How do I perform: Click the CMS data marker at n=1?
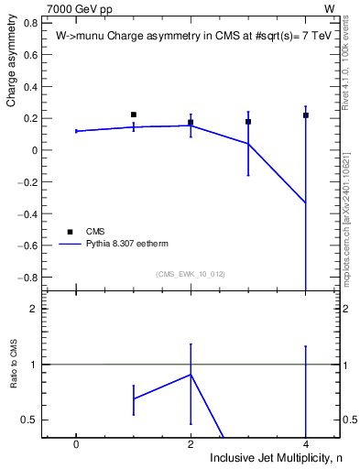pyautogui.click(x=134, y=115)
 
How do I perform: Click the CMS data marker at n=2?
pyautogui.click(x=191, y=122)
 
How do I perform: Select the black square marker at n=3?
pyautogui.click(x=248, y=121)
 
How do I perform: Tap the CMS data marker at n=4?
pyautogui.click(x=305, y=115)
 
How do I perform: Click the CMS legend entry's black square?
pyautogui.click(x=70, y=232)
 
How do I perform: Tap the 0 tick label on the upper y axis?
pyautogui.click(x=33, y=150)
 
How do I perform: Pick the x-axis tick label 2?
pyautogui.click(x=191, y=443)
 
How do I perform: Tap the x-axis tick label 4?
pyautogui.click(x=305, y=443)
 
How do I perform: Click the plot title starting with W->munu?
pyautogui.click(x=181, y=37)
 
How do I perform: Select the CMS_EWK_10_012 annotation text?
pyautogui.click(x=191, y=274)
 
